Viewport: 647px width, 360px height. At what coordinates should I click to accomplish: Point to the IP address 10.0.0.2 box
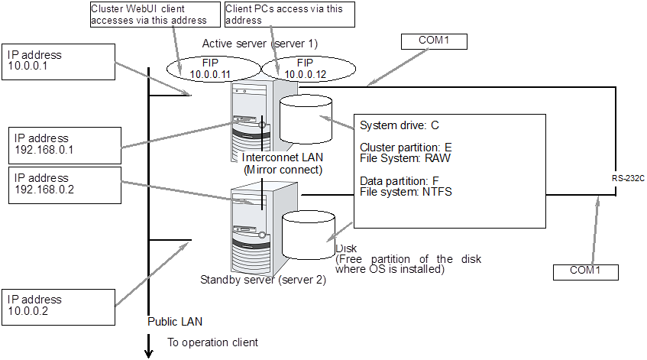pyautogui.click(x=59, y=305)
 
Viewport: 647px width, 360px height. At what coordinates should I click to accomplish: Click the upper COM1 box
pyautogui.click(x=433, y=41)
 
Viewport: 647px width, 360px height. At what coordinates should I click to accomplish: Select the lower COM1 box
pyautogui.click(x=586, y=271)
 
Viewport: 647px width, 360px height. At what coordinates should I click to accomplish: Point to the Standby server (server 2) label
pyautogui.click(x=263, y=280)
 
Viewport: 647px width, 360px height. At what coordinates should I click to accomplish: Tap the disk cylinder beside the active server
pyautogui.click(x=306, y=118)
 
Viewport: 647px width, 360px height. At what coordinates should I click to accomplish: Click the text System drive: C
pyautogui.click(x=399, y=125)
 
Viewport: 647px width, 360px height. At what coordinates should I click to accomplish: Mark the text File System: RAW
pyautogui.click(x=405, y=160)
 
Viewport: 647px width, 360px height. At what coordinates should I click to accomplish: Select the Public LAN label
pyautogui.click(x=175, y=321)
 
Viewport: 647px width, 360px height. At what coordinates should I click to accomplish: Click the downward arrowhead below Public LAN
pyautogui.click(x=148, y=352)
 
